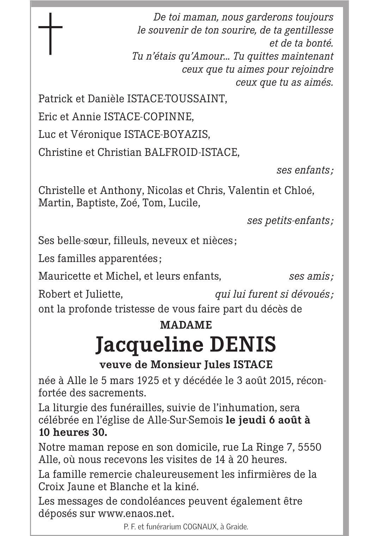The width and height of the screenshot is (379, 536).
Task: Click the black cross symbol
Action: coord(50,33)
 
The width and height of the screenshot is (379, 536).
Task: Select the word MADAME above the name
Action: coord(186,325)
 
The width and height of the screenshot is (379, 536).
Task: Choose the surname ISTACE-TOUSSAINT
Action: coord(176,99)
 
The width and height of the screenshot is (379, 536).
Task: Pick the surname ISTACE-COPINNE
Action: coord(148,116)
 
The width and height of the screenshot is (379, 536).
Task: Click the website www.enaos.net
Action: coord(136,513)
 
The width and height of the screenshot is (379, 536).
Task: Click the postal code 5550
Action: coord(310,447)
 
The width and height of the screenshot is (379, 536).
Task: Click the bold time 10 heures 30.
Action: coord(73,432)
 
